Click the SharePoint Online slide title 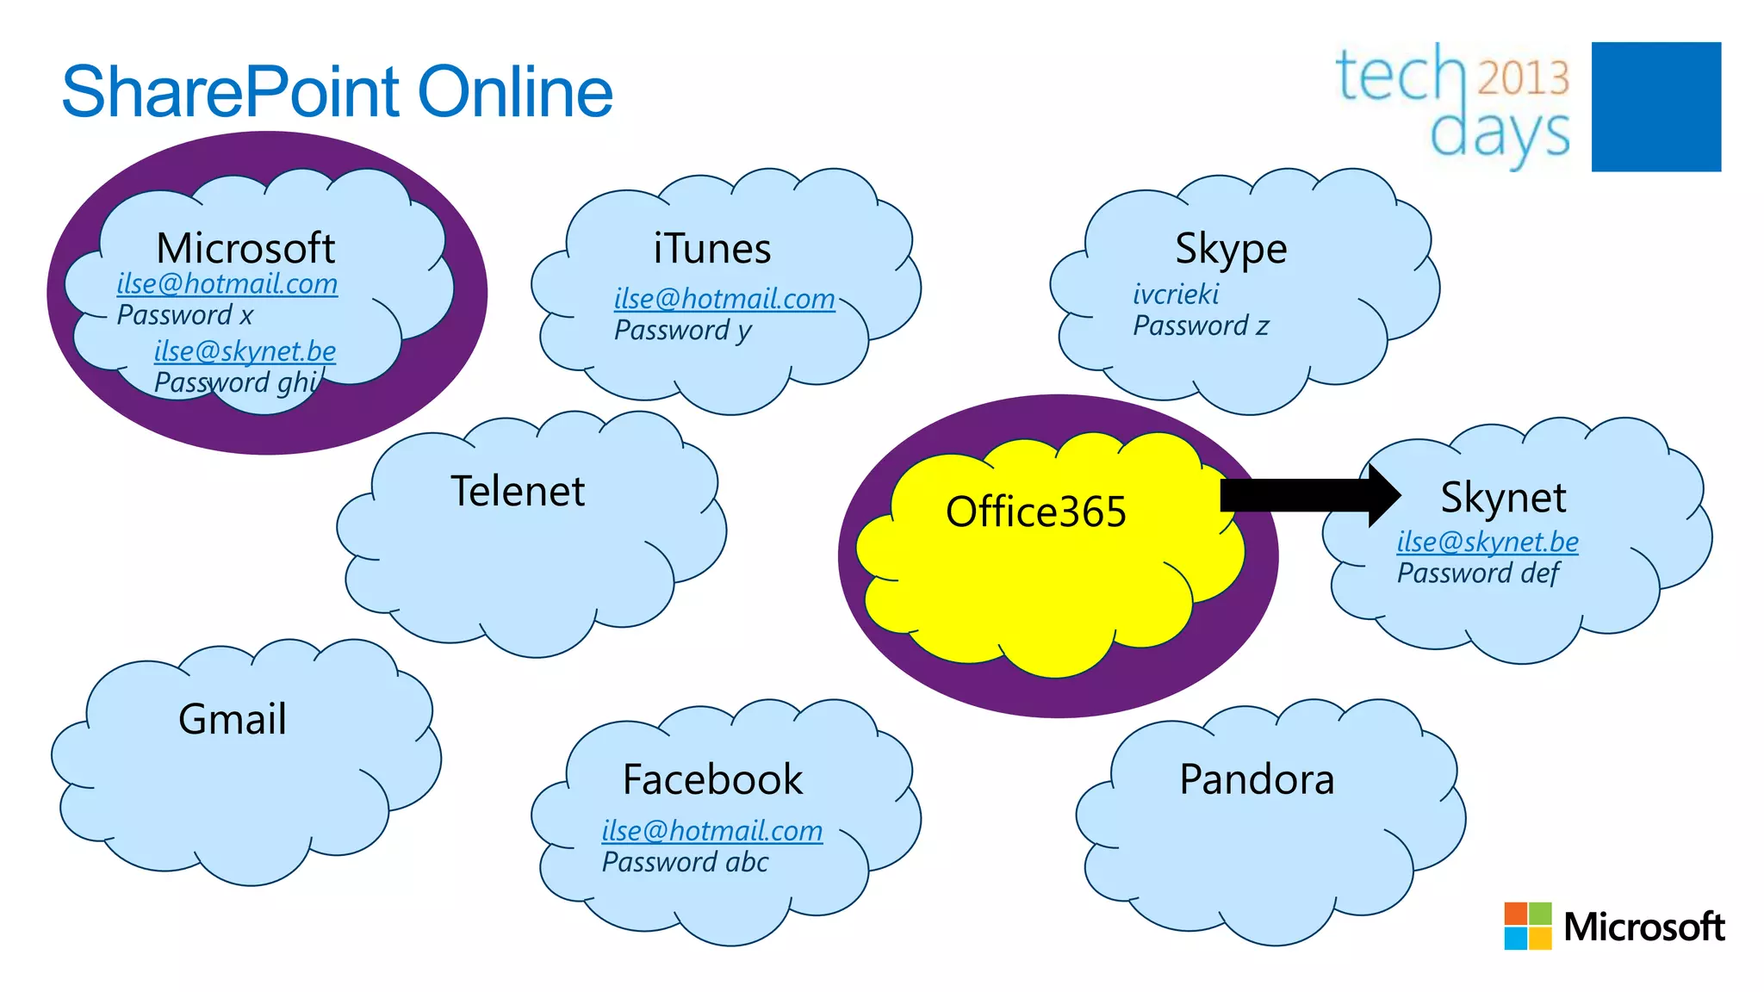click(x=337, y=92)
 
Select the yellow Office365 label click(x=1035, y=512)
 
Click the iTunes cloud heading click(x=711, y=249)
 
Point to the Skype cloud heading click(x=1231, y=249)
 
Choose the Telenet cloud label click(x=518, y=492)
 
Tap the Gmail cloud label click(x=233, y=719)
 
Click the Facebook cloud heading click(x=712, y=779)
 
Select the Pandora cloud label click(x=1257, y=779)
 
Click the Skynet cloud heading click(x=1503, y=498)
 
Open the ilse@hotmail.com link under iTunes click(x=724, y=299)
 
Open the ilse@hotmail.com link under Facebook click(x=712, y=831)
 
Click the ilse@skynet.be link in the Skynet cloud click(x=1488, y=542)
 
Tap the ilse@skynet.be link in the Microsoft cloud click(x=245, y=351)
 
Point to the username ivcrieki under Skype click(x=1176, y=294)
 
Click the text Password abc click(x=685, y=862)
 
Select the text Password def click(x=1478, y=573)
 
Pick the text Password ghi click(x=237, y=382)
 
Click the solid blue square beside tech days click(x=1655, y=107)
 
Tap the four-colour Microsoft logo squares click(x=1527, y=926)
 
